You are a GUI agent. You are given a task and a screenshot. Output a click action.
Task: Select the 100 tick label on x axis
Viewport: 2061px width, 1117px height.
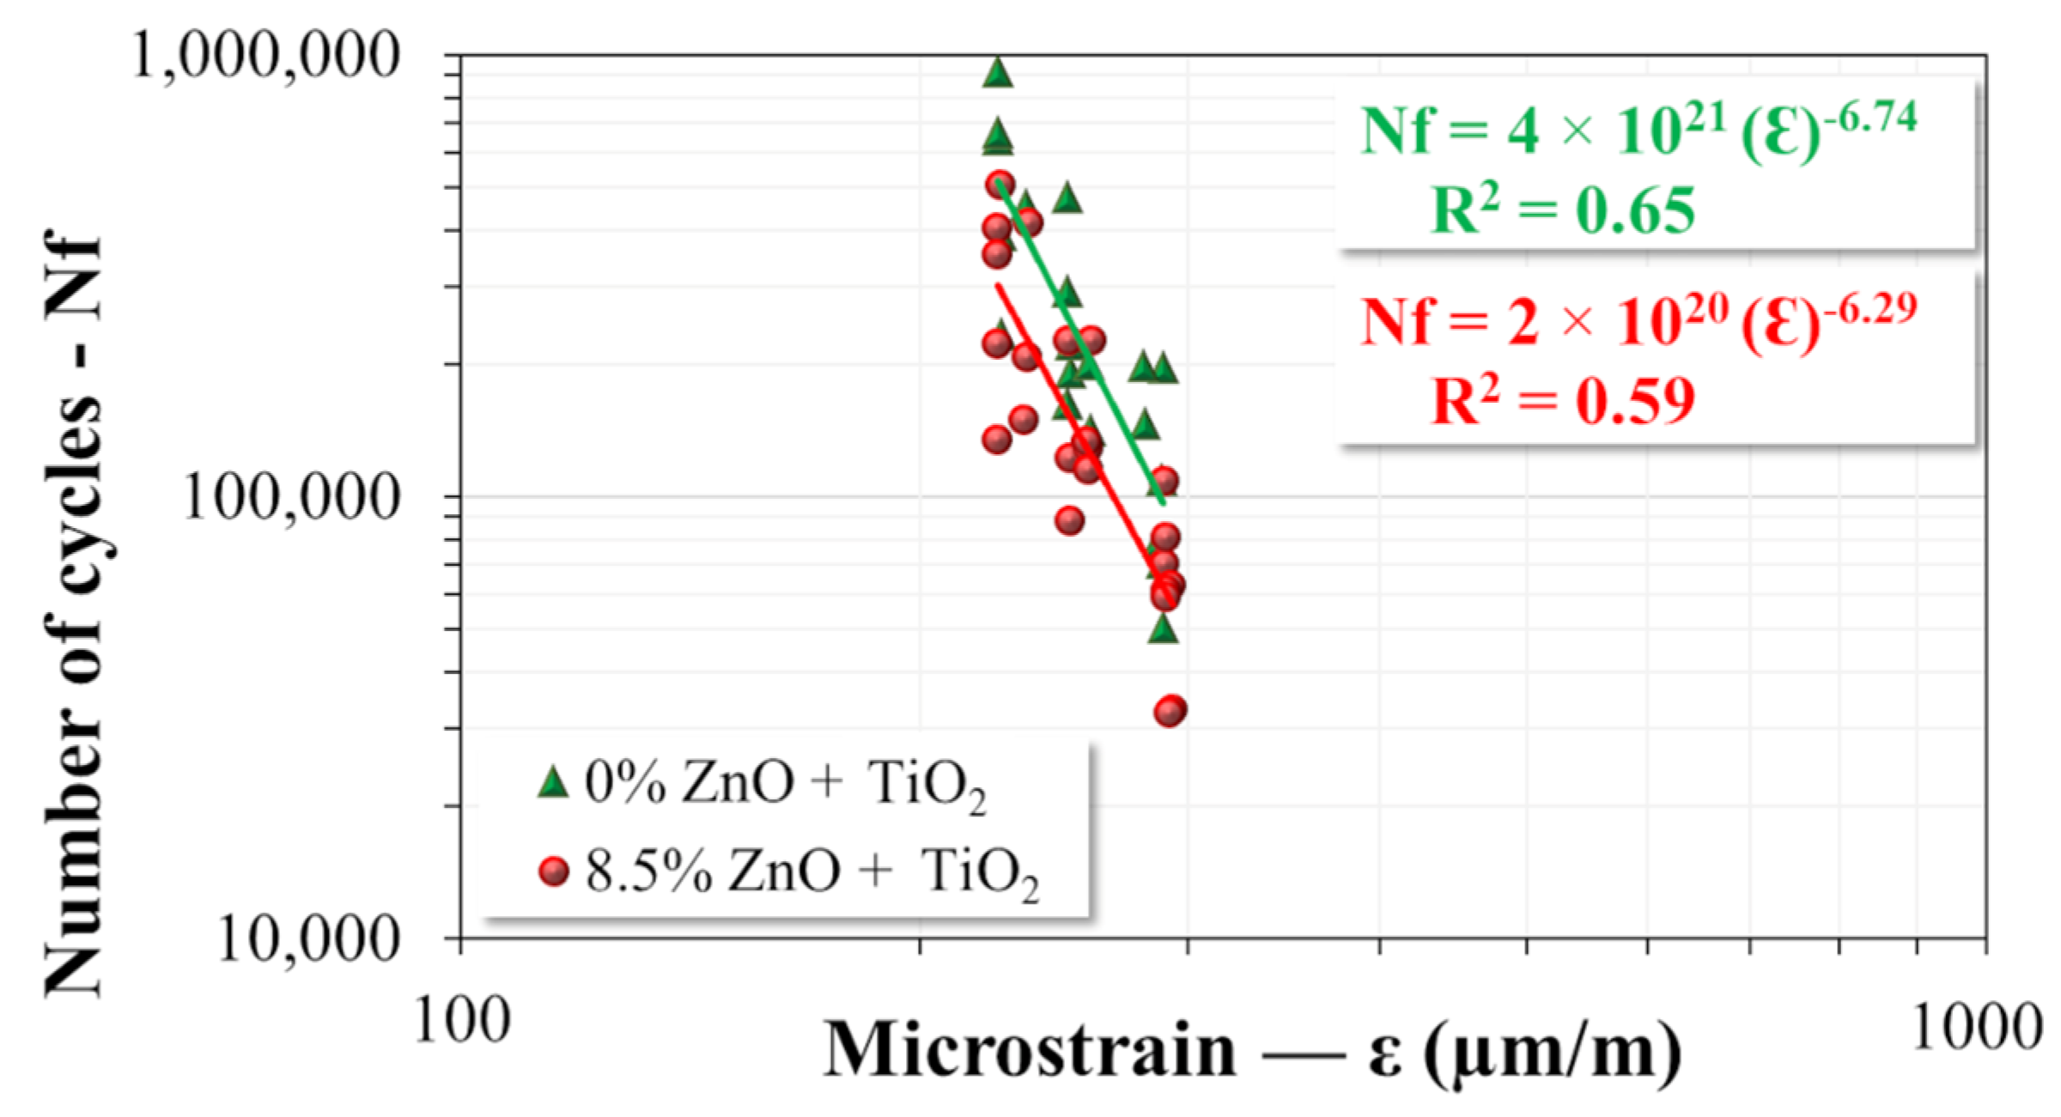click(462, 1022)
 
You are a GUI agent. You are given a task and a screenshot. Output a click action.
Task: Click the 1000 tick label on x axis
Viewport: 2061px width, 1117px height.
click(1975, 1026)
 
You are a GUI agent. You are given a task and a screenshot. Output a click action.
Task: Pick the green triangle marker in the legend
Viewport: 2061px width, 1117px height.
click(554, 782)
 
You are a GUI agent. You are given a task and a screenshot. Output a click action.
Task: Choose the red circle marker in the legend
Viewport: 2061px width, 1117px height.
click(554, 871)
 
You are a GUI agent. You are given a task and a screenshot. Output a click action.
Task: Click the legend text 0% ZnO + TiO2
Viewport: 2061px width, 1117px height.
click(784, 784)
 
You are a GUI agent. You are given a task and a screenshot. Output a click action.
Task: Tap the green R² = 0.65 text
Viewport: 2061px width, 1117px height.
click(1563, 210)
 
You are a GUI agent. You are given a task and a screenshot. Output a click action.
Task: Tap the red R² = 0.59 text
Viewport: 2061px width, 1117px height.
click(1563, 401)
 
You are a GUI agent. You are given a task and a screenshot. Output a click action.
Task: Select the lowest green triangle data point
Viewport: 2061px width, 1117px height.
click(1163, 629)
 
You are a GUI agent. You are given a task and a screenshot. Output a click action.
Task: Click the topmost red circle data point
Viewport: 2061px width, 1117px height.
click(1000, 184)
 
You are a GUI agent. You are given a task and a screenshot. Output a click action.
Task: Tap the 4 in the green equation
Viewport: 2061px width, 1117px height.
click(1523, 133)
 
